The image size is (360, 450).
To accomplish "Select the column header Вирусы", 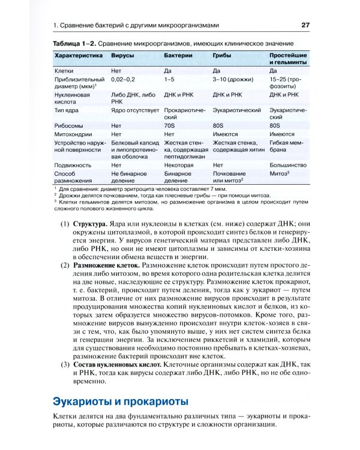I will [122, 55].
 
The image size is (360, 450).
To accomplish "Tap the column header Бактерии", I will [179, 55].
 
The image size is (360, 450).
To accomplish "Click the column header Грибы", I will [223, 55].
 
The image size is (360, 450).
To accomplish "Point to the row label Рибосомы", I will [70, 125].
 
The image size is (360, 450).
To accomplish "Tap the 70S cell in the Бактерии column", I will [171, 125].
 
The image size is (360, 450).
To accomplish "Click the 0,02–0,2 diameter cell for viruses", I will [124, 79].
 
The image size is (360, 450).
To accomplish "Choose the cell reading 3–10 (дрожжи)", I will [233, 79].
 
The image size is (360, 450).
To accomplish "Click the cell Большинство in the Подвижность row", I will [288, 163].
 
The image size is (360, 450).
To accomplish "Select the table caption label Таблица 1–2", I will [74, 44].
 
